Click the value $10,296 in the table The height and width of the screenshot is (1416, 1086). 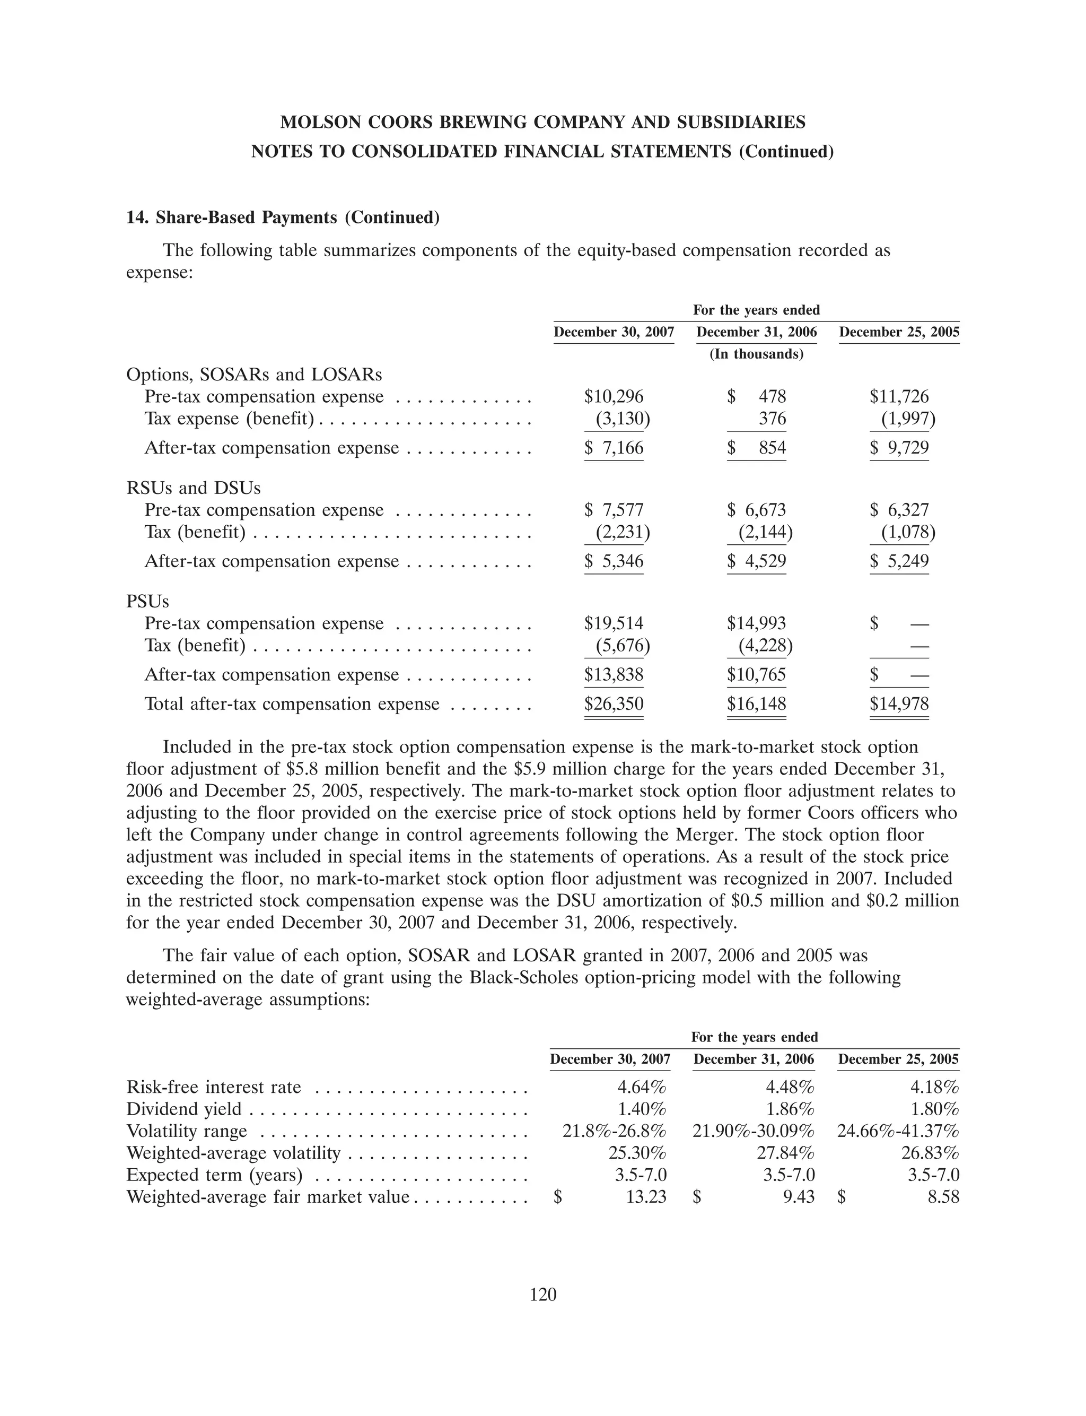click(x=614, y=396)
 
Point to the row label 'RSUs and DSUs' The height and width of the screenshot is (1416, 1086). click(x=193, y=488)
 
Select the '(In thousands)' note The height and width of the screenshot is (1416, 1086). click(x=756, y=354)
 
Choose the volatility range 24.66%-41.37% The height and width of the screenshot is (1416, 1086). click(x=898, y=1131)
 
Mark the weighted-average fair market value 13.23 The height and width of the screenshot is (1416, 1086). click(x=646, y=1197)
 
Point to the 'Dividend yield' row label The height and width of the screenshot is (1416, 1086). click(x=183, y=1109)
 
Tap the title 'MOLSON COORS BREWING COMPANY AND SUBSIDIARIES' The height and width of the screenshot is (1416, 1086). click(x=543, y=122)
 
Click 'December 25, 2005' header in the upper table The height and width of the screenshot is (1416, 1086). click(x=898, y=332)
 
